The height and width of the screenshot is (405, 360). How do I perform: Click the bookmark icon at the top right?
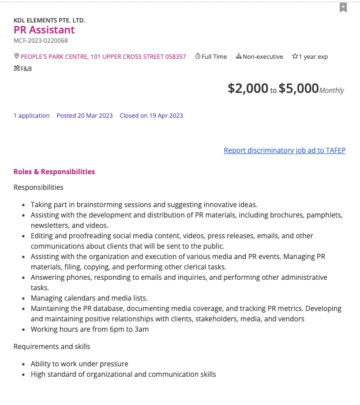pos(343,7)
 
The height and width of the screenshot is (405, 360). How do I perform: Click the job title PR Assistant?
pos(44,30)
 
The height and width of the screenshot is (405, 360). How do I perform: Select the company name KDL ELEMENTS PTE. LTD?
pos(49,20)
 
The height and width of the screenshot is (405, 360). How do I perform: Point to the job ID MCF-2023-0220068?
pos(40,40)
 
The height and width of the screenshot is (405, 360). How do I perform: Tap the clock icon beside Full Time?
pos(198,57)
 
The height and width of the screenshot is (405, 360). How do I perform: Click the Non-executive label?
pos(262,57)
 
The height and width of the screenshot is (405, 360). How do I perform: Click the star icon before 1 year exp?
pos(295,57)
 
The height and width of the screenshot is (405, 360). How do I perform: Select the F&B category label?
pos(26,68)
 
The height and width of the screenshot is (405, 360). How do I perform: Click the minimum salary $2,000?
pos(248,88)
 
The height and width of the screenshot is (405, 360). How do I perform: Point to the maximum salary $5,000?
pos(298,88)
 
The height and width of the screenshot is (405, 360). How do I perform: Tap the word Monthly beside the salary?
pos(332,90)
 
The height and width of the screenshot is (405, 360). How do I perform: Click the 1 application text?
pos(32,115)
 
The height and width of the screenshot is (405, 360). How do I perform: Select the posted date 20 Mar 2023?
pos(85,115)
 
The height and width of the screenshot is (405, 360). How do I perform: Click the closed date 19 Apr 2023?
pos(151,115)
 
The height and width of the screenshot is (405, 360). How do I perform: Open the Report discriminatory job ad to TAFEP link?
pos(284,151)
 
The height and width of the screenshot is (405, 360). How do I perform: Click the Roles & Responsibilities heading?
pos(54,172)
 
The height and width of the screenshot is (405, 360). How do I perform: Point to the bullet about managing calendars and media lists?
pos(89,298)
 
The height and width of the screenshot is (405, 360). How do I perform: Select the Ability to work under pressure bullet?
pos(80,364)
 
